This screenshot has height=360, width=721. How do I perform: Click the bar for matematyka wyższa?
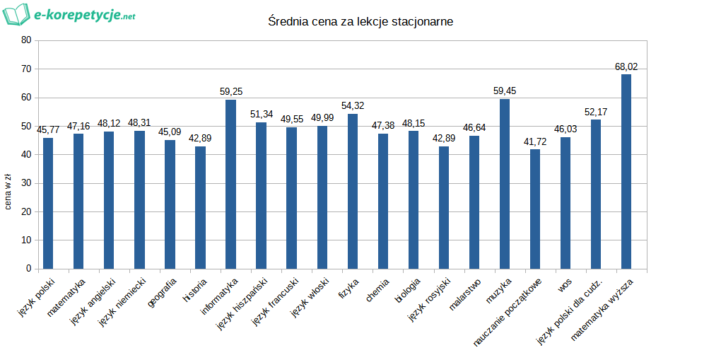point(626,171)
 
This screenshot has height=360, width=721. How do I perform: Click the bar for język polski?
point(48,203)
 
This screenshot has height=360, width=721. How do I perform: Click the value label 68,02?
point(626,67)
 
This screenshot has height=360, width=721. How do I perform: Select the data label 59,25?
point(230,92)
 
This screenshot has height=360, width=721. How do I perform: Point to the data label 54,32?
point(353,106)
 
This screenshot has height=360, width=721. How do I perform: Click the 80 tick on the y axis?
point(26,40)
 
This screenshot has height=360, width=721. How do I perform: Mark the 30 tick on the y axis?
point(26,183)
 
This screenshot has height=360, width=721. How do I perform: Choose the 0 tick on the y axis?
point(29,269)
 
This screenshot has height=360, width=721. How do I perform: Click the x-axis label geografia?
point(163,294)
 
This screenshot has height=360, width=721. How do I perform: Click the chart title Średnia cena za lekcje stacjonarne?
point(360,22)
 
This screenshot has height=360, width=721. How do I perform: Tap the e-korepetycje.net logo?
point(69,14)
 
